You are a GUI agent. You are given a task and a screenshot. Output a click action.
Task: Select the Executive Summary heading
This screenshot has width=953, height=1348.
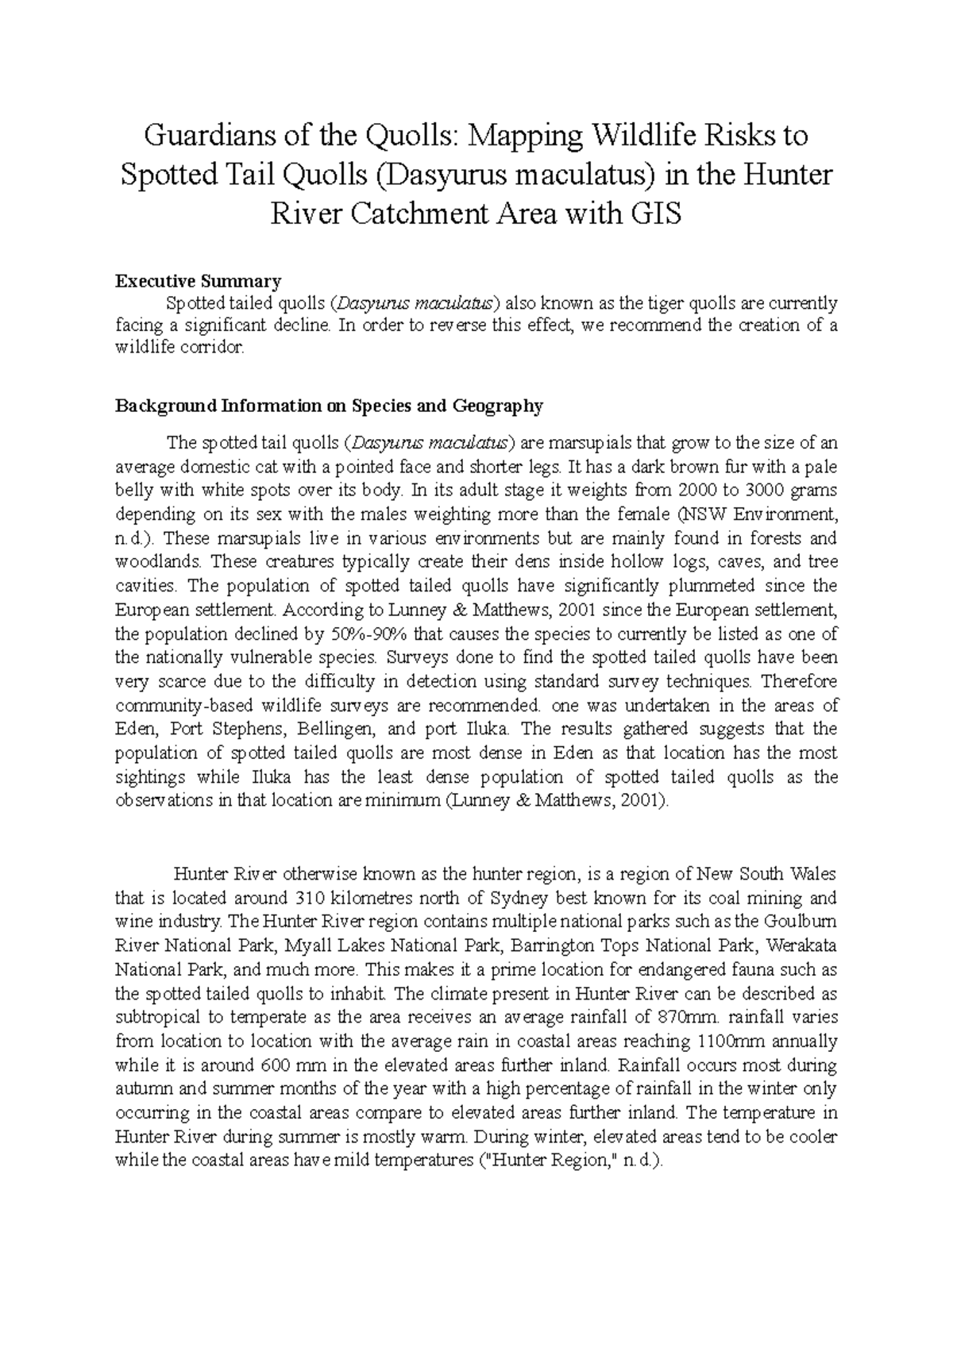pos(198,280)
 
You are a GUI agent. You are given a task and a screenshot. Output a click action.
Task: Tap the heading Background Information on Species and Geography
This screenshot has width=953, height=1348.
pos(329,406)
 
